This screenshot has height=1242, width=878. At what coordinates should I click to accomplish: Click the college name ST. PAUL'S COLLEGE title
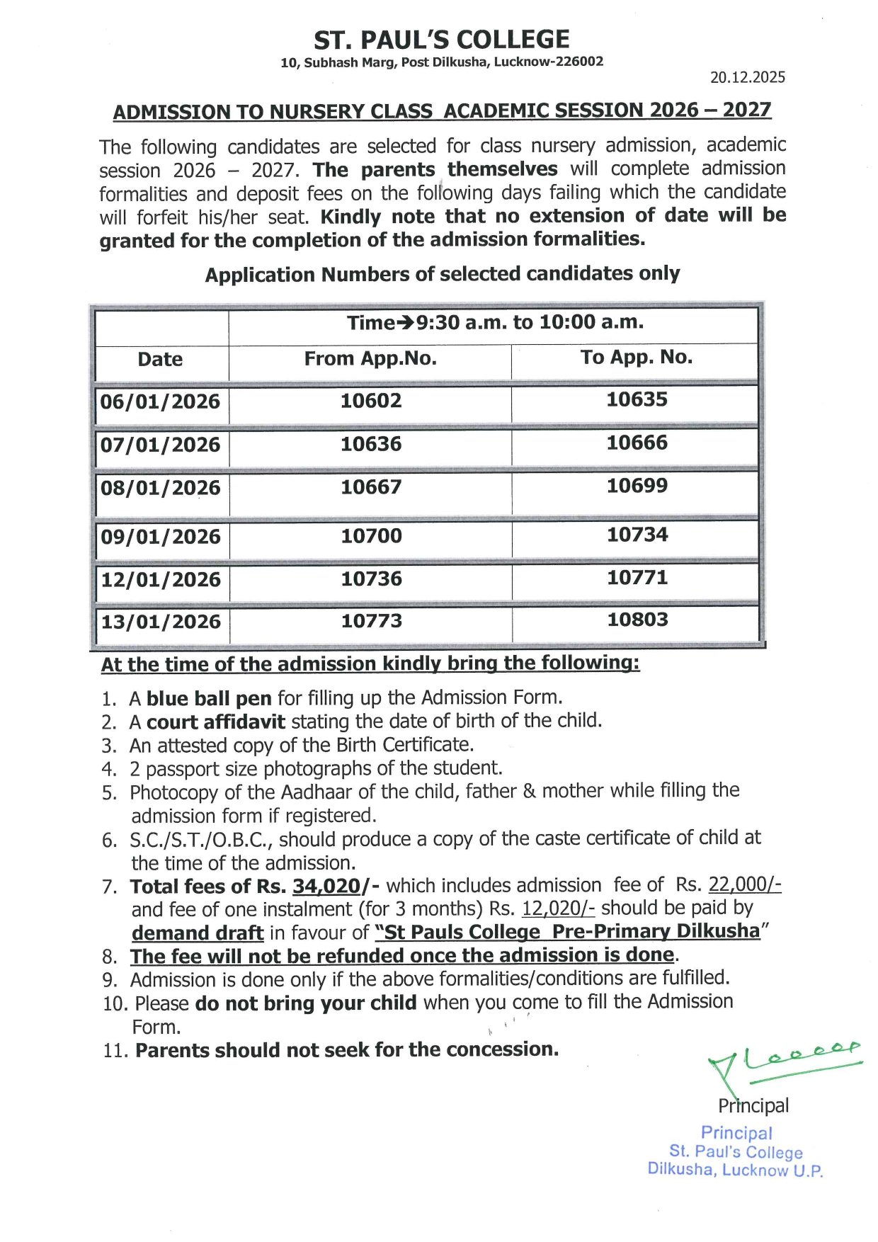click(x=442, y=39)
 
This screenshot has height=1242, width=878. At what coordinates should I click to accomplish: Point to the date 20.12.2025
click(x=747, y=77)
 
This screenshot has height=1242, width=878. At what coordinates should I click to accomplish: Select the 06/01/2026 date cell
click(x=160, y=401)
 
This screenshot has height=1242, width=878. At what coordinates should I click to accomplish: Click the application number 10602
click(x=371, y=401)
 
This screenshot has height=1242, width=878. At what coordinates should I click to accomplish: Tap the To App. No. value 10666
click(x=637, y=443)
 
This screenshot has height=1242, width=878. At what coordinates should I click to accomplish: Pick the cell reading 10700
click(x=371, y=535)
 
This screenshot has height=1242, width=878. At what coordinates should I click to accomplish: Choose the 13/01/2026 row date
click(x=161, y=622)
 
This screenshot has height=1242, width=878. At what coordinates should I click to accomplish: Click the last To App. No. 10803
click(x=637, y=620)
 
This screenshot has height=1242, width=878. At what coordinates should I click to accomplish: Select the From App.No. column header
click(x=370, y=358)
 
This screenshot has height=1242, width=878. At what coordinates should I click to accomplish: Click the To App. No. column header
click(x=636, y=357)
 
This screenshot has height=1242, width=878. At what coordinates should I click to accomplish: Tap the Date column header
click(x=160, y=359)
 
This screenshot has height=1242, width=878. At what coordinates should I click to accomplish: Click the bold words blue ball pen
click(x=209, y=699)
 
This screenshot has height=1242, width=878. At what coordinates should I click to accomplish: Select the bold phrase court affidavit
click(x=216, y=722)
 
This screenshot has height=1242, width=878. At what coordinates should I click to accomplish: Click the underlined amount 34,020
click(x=326, y=887)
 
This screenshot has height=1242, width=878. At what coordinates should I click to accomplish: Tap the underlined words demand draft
click(x=198, y=933)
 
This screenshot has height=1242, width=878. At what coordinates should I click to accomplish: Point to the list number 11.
click(x=115, y=1051)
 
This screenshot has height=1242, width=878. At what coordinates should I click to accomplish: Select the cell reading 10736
click(x=371, y=579)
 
